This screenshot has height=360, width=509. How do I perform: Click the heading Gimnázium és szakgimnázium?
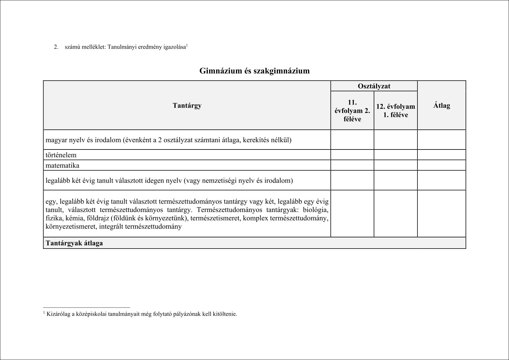point(254,71)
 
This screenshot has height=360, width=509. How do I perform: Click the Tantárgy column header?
point(187,105)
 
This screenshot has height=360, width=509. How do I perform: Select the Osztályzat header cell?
point(374,86)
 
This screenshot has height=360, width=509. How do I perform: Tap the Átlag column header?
point(442,105)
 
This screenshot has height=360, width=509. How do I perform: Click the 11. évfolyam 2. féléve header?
point(352,111)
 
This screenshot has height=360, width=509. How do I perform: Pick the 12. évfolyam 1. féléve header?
point(395,111)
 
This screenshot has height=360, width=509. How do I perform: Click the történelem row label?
point(61,155)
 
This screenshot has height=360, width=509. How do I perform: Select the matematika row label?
point(63,166)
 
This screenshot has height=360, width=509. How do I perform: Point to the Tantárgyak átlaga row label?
point(74,243)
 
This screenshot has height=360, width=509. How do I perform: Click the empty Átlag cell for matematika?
point(442,165)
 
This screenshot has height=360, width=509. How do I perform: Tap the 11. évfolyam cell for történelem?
point(352,155)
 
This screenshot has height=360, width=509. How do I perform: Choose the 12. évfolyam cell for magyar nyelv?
point(395,140)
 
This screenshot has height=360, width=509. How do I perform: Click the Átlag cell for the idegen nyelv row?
point(442,180)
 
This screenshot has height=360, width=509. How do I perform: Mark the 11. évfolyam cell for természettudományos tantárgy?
point(352,214)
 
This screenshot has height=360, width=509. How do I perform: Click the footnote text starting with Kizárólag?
point(142,314)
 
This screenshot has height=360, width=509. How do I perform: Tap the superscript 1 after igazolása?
point(187,46)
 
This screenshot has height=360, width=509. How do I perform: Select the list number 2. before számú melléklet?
point(56,47)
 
